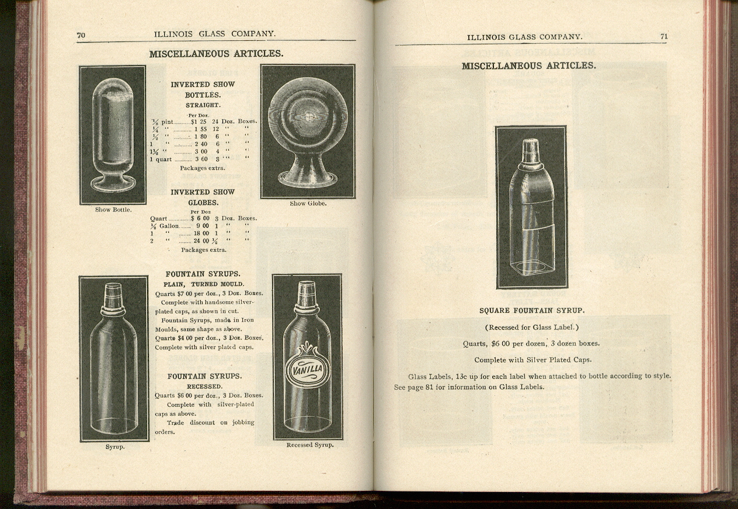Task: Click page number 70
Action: pyautogui.click(x=81, y=35)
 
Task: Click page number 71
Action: pyautogui.click(x=664, y=36)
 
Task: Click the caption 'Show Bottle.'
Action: pyautogui.click(x=113, y=210)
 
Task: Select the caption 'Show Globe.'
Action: pyautogui.click(x=308, y=203)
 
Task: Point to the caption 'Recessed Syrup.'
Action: pyautogui.click(x=309, y=445)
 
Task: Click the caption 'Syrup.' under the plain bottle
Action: pyautogui.click(x=115, y=447)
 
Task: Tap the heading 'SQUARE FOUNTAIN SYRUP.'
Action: pyautogui.click(x=531, y=311)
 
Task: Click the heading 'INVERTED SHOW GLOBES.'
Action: pyautogui.click(x=203, y=197)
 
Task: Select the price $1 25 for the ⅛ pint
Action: pyautogui.click(x=199, y=121)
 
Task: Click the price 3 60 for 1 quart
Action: pyautogui.click(x=201, y=159)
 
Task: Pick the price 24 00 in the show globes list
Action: pyautogui.click(x=201, y=240)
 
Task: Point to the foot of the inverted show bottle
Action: pyautogui.click(x=113, y=183)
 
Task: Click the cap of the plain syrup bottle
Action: pyautogui.click(x=113, y=295)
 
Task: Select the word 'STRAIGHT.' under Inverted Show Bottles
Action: pyautogui.click(x=203, y=105)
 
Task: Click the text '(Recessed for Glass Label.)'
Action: pyautogui.click(x=531, y=327)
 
